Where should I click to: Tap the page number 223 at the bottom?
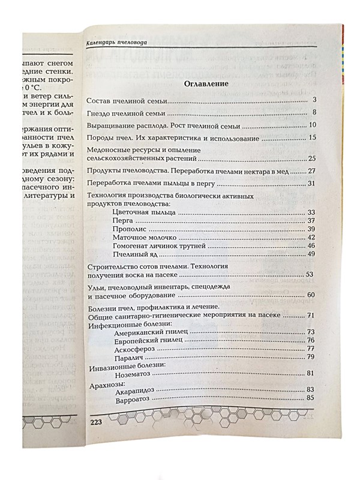(x=98, y=422)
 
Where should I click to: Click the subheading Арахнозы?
(x=106, y=382)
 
